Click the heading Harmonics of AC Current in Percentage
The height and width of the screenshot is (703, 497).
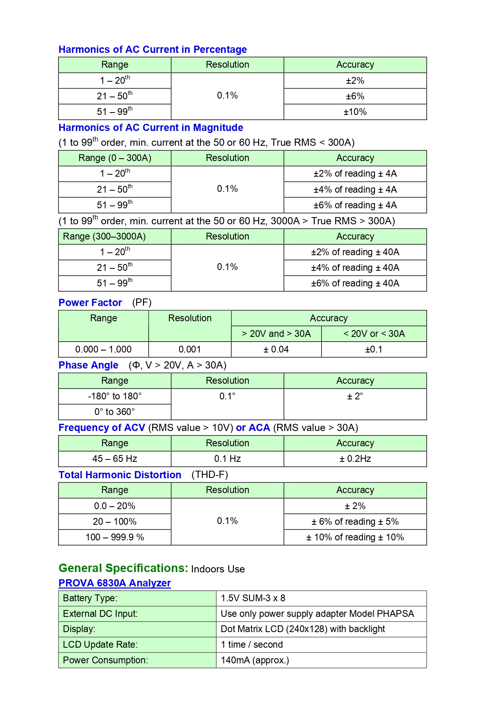click(x=152, y=50)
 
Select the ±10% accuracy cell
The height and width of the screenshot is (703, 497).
click(x=355, y=112)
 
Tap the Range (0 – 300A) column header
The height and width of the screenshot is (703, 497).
click(x=115, y=158)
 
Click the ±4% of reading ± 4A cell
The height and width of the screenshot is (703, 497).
click(x=355, y=189)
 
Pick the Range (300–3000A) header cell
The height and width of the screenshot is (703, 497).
click(x=104, y=237)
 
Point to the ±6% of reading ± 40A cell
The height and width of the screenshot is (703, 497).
click(x=355, y=284)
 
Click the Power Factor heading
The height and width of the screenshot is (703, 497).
click(x=90, y=303)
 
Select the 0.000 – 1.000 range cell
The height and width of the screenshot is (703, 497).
click(x=103, y=350)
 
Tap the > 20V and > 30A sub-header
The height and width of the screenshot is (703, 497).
click(x=276, y=334)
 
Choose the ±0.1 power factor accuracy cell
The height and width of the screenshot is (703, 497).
click(x=374, y=350)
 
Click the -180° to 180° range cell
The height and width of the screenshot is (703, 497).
click(x=115, y=397)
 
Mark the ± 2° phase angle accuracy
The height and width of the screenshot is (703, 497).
click(x=355, y=397)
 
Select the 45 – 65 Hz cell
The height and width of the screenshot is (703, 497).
click(x=115, y=459)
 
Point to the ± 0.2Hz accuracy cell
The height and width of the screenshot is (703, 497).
click(x=355, y=459)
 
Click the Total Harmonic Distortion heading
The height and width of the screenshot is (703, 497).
click(x=120, y=475)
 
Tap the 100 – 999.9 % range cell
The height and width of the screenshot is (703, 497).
click(x=115, y=538)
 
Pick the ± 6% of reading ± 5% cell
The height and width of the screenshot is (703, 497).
click(x=355, y=522)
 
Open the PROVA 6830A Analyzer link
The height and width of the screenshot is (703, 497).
click(x=115, y=583)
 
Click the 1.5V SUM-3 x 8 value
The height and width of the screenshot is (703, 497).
click(x=253, y=598)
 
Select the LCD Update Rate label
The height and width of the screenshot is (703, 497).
click(x=100, y=645)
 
